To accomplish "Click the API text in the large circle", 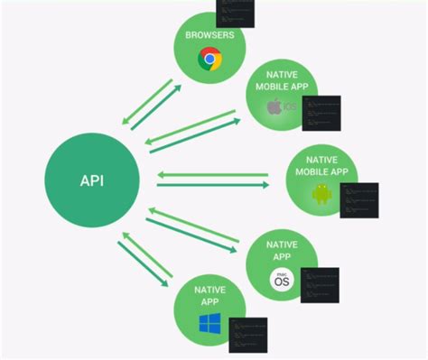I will pos(92,180).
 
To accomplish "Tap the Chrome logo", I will pos(210,60).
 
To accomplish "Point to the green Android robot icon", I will pos(321,193).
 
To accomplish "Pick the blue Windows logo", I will pos(210,322).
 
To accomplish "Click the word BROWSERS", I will pos(209,36).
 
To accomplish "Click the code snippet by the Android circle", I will pos(358,200).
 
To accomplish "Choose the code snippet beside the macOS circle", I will pos(319,287).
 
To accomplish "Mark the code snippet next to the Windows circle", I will pos(248,335).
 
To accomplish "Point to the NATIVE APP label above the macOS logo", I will pos(281,251).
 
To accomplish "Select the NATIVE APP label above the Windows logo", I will pos(209,295).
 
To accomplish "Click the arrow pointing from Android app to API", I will pos(213,173).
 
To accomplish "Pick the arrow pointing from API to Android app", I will pos(213,186).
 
